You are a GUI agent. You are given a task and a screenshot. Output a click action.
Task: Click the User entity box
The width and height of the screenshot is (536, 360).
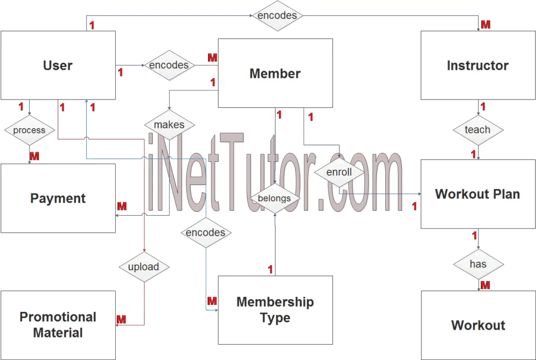coord(58,65)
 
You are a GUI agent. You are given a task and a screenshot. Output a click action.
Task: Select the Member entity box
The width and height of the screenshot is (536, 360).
coord(275,73)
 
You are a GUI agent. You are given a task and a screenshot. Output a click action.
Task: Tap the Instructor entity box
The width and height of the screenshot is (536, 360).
coord(478,65)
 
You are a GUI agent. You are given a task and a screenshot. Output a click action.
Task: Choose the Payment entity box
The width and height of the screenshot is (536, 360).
coord(58,198)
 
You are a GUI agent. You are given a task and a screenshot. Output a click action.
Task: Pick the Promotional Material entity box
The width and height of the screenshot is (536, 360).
coord(58,325)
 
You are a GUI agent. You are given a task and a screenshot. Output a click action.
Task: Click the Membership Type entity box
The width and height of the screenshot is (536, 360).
coord(275,310)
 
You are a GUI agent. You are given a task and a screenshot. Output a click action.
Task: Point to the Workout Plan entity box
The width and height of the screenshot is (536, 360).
coord(478,194)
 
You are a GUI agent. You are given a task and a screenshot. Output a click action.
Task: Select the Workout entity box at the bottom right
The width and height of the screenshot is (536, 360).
coord(478,325)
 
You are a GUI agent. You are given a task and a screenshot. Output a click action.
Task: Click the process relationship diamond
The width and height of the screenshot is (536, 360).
coord(29,130)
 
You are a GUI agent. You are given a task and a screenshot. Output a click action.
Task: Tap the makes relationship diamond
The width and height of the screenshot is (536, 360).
coord(170,125)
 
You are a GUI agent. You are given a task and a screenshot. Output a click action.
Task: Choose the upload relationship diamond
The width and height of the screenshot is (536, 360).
coord(144,267)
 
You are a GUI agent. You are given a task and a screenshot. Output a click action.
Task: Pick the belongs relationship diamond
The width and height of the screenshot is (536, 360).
coord(275,198)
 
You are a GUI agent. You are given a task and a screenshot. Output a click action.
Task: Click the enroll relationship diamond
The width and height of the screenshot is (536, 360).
coord(339,172)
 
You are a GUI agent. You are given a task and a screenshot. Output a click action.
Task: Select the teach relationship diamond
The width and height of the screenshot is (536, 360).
coord(478,130)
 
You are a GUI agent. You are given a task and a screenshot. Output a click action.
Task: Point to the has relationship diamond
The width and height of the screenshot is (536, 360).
coord(478,264)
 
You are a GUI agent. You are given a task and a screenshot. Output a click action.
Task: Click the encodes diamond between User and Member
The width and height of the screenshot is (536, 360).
coord(170,65)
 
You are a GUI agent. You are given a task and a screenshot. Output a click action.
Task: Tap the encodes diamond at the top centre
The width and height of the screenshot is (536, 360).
coord(277,16)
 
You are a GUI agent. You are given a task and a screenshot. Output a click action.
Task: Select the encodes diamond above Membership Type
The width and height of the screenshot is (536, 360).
coord(206,233)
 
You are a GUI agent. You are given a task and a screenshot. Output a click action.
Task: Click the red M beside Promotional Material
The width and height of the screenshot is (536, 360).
coord(121,319)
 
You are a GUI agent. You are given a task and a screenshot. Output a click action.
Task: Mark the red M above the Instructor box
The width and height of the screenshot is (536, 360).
coord(485,24)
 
